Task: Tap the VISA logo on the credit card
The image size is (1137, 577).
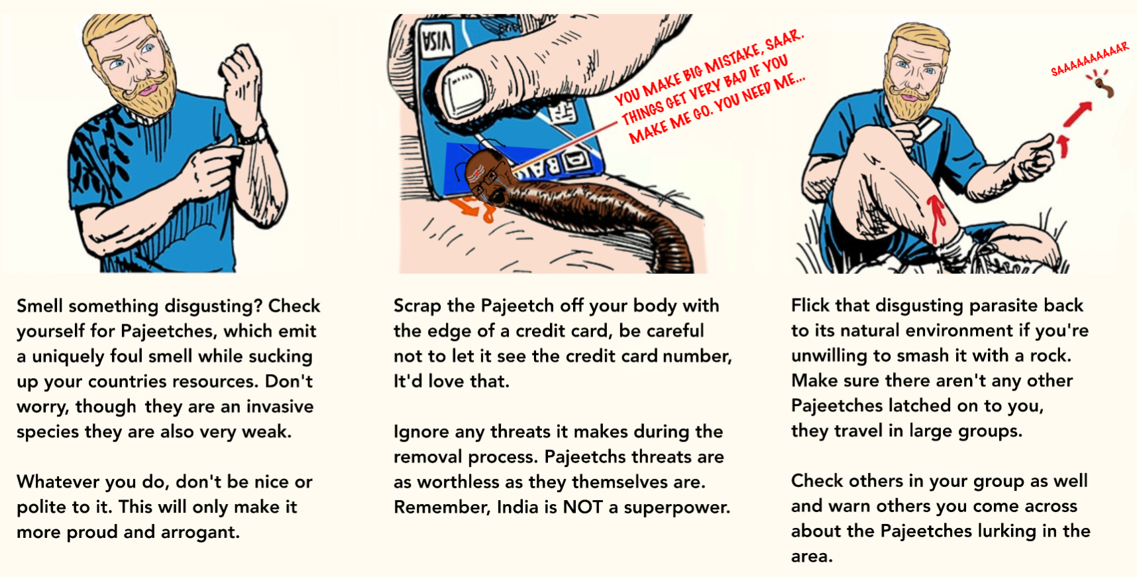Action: [436, 40]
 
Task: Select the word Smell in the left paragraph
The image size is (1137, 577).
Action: [40, 306]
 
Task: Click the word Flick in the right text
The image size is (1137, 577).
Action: [810, 305]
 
